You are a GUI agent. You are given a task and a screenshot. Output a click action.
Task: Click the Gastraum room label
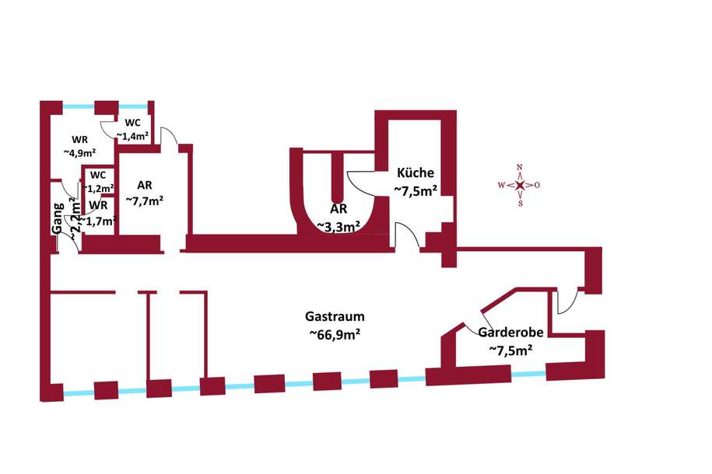pos(335,317)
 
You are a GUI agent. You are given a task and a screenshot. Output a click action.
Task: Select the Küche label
pos(416,173)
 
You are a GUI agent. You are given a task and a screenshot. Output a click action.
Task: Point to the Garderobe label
pos(510,332)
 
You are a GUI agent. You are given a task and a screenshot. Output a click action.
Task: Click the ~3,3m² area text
pos(338,227)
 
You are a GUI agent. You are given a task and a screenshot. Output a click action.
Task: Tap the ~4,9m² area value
pos(79,152)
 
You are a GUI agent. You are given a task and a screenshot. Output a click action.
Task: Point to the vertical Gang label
pos(58,218)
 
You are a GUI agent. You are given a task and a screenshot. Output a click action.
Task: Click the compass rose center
pos(520,185)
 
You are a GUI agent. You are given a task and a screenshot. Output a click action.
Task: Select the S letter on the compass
pos(520,204)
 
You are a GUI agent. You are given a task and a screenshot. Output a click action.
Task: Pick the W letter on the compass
pos(501,185)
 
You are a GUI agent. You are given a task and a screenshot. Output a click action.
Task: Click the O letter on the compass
pos(538,185)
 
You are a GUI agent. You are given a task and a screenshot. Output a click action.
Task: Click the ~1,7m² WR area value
pos(100,221)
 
